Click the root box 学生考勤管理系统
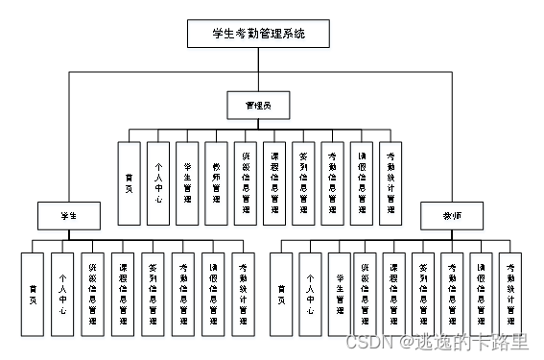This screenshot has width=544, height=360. pos(257,35)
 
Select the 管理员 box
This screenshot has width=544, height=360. pos(257,102)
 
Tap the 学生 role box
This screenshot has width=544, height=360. pos(69,215)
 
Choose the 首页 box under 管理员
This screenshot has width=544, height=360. pos(129,183)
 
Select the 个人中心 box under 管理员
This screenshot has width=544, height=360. pos(158,183)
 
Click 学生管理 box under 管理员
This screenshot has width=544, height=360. pos(187,183)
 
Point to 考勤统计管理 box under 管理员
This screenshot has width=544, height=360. pos(390,183)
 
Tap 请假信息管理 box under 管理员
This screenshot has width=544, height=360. pos(362,183)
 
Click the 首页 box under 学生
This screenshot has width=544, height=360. pos(33,293)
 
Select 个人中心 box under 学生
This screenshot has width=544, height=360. pos(62,293)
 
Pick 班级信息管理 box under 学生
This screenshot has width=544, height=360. pos(92,293)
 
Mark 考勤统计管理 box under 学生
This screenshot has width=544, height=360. pos(244,293)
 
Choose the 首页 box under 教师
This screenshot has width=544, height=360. pos(280,293)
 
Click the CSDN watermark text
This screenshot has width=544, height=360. pos(437,341)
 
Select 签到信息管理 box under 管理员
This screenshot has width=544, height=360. pos(303,183)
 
